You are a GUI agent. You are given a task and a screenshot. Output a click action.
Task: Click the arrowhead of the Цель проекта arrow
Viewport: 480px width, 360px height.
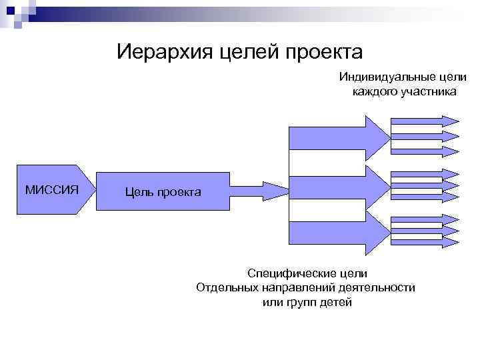pyautogui.click(x=275, y=190)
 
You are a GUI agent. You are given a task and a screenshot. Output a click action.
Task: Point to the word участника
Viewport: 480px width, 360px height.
pyautogui.click(x=429, y=91)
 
